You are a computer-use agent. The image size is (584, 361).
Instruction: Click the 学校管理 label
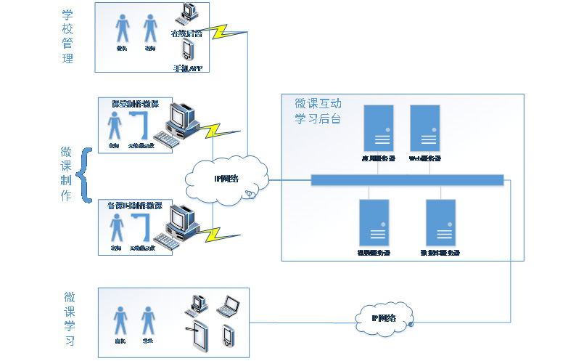pos(67,36)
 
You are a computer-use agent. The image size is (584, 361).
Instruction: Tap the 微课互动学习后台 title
pos(318,111)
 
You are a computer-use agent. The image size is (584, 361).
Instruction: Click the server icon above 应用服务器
pos(379,127)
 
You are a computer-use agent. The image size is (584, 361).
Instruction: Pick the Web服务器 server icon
pos(424,127)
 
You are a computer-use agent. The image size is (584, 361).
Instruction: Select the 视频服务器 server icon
pos(374,222)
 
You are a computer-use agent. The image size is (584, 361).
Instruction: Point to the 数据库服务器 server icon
pos(440,222)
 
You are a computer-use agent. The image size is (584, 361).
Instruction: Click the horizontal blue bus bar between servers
pos(407,179)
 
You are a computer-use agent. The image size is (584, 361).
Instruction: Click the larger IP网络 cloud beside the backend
pos(228,179)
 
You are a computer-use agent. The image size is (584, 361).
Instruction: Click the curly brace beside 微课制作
pos(86,174)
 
